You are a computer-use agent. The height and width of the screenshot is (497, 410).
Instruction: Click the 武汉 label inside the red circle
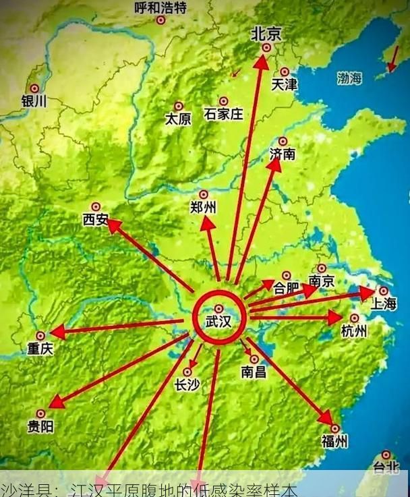[x=218, y=322]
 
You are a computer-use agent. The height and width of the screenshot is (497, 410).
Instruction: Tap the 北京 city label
[x=266, y=34]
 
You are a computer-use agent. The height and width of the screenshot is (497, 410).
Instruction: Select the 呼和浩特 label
[x=160, y=8]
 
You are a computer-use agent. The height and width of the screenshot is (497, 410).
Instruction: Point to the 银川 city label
[x=34, y=101]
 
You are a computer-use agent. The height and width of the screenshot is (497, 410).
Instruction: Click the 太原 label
[x=178, y=119]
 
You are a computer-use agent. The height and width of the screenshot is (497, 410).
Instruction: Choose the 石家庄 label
[x=223, y=114]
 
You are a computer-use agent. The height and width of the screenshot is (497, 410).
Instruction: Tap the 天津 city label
[x=284, y=85]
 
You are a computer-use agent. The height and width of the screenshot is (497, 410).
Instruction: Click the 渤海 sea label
[x=350, y=78]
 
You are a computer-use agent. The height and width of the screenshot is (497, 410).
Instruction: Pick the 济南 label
[x=282, y=154]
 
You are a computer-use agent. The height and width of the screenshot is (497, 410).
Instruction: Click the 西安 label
[x=95, y=219]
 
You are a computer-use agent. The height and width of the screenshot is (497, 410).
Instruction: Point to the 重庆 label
[x=40, y=349]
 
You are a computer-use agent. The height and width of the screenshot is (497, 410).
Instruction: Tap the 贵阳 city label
[x=40, y=426]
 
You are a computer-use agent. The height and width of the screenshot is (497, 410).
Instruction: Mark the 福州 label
[x=334, y=442]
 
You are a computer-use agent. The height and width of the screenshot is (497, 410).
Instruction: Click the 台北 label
[x=386, y=467]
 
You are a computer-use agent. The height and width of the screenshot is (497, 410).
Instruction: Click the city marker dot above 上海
[x=383, y=291]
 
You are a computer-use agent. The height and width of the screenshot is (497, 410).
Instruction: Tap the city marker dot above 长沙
[x=187, y=372]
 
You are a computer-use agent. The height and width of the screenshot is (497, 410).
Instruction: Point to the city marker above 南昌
[x=254, y=359]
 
